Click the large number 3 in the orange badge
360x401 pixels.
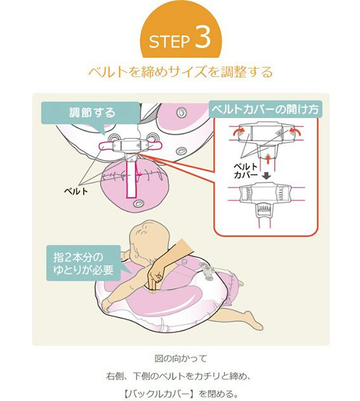[x=203, y=37]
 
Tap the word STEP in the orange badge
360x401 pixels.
[x=170, y=41]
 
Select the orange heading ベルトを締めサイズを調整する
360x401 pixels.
[x=181, y=72]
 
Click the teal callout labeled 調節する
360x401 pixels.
[x=91, y=113]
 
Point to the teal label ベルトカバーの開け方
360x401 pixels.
[x=265, y=109]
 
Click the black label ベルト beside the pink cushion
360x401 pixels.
[x=76, y=191]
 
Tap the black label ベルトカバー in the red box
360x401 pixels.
[x=246, y=171]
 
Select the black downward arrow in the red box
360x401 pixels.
[x=267, y=175]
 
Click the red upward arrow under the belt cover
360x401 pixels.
[x=267, y=159]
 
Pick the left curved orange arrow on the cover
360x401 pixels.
[x=238, y=132]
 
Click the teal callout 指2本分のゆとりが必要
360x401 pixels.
[x=84, y=263]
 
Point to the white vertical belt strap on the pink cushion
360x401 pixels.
[x=131, y=179]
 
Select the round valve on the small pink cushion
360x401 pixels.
[x=139, y=203]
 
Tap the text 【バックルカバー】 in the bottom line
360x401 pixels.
[x=158, y=393]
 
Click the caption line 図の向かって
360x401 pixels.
[x=181, y=358]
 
